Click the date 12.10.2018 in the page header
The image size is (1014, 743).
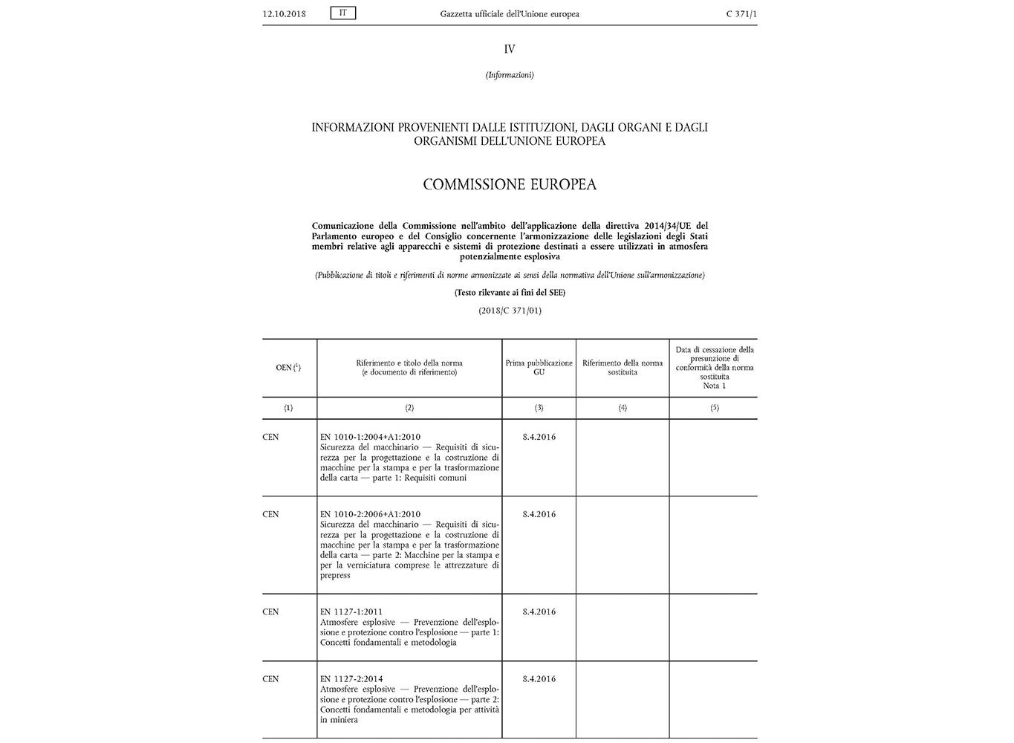tap(284, 14)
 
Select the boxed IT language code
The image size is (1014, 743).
tap(343, 13)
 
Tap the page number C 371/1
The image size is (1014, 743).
tap(741, 14)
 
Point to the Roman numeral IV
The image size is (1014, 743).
tap(510, 49)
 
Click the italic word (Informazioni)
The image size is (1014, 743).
tap(510, 75)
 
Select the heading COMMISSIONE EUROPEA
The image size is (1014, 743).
tap(510, 184)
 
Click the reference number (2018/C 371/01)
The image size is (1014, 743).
tap(510, 311)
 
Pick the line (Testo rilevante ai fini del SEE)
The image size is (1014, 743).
tap(510, 293)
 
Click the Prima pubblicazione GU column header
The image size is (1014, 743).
tap(539, 368)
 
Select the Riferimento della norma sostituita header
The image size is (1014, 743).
tap(623, 368)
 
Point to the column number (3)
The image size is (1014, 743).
tap(539, 408)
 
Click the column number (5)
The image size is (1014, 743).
tap(715, 408)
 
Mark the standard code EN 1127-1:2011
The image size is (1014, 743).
tap(351, 611)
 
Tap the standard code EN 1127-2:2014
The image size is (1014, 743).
tap(351, 678)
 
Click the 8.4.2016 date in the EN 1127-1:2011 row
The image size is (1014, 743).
tap(539, 611)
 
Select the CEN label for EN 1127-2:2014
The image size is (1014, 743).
tap(271, 678)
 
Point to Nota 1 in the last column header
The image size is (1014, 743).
tap(715, 386)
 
